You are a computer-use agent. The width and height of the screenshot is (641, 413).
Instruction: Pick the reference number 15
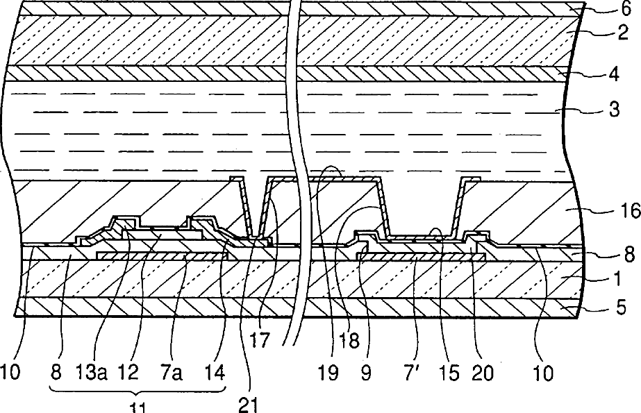[x=449, y=373]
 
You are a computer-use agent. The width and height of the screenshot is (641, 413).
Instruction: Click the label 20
[x=483, y=373]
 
